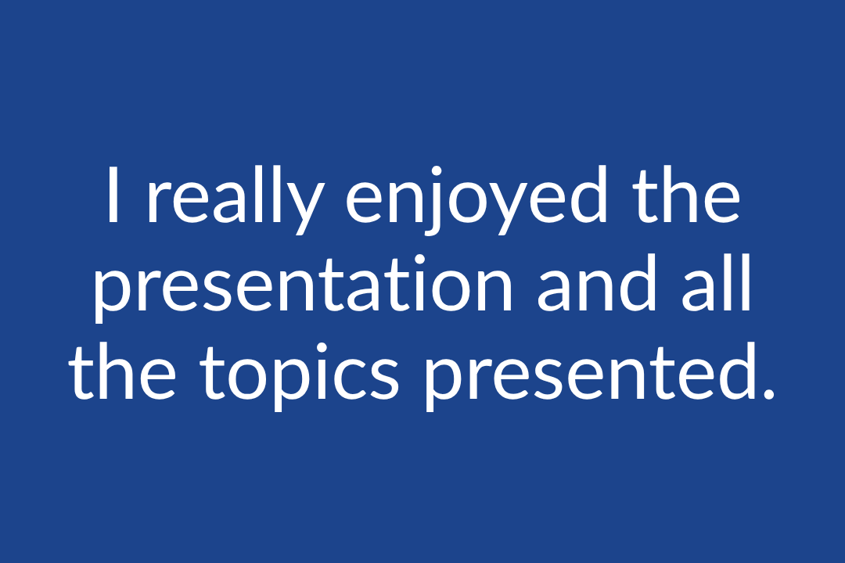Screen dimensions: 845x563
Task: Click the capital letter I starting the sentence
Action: point(113,195)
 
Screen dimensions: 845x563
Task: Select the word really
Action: point(236,200)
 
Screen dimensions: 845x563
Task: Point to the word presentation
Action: point(304,287)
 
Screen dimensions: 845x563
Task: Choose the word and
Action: point(599,281)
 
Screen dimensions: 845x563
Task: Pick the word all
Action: point(717,281)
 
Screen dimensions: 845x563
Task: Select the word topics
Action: point(300,376)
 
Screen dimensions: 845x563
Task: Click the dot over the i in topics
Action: point(322,349)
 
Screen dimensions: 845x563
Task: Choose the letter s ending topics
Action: point(383,379)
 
